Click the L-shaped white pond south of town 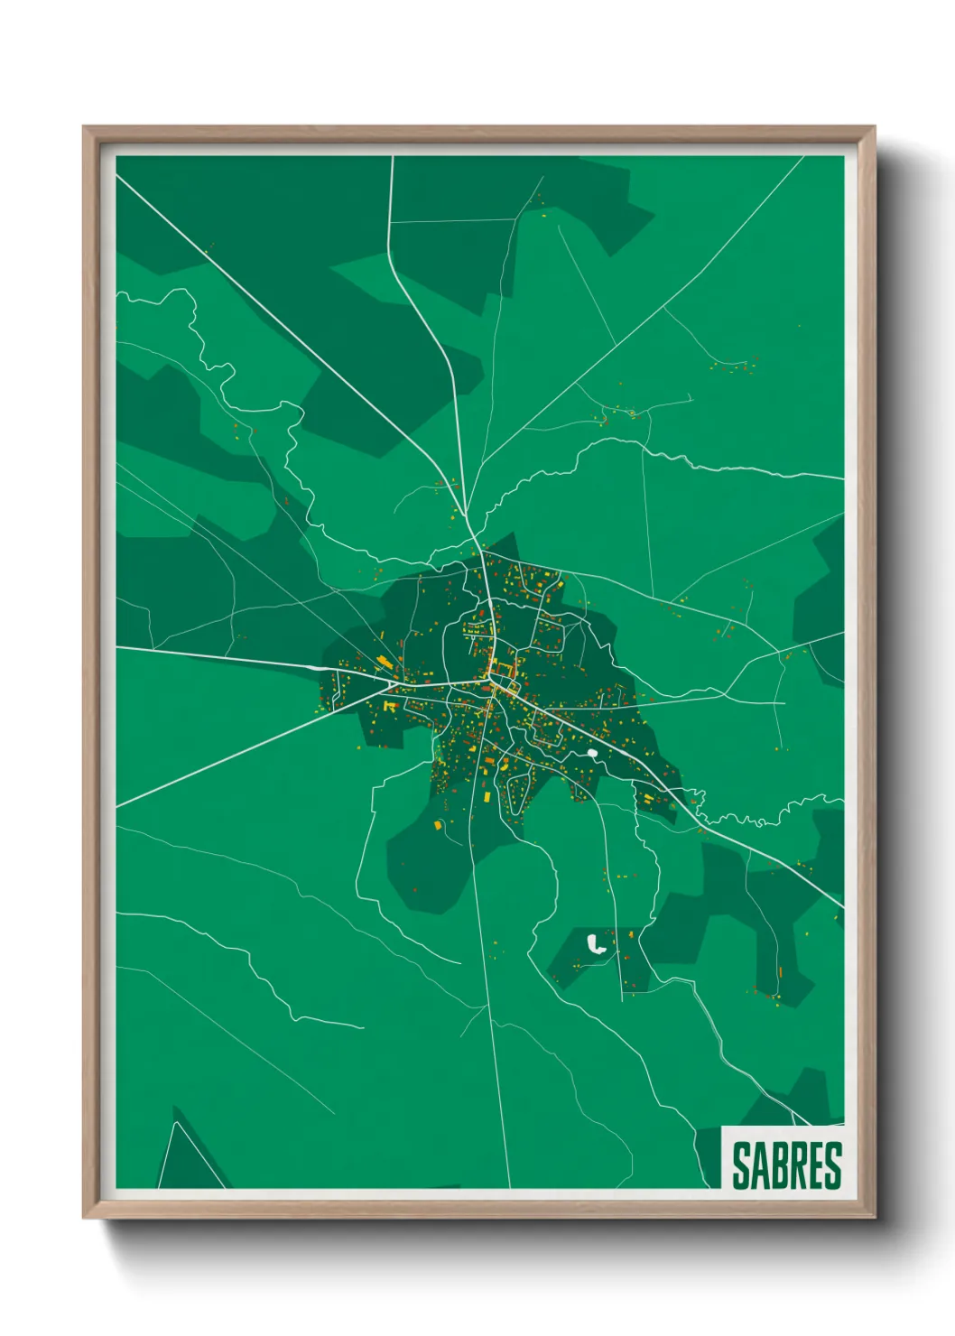pos(596,945)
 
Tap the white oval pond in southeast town pos(592,752)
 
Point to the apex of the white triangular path pos(174,1122)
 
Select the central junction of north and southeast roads pos(492,686)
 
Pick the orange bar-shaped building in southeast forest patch pos(780,972)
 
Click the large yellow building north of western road pos(385,662)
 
